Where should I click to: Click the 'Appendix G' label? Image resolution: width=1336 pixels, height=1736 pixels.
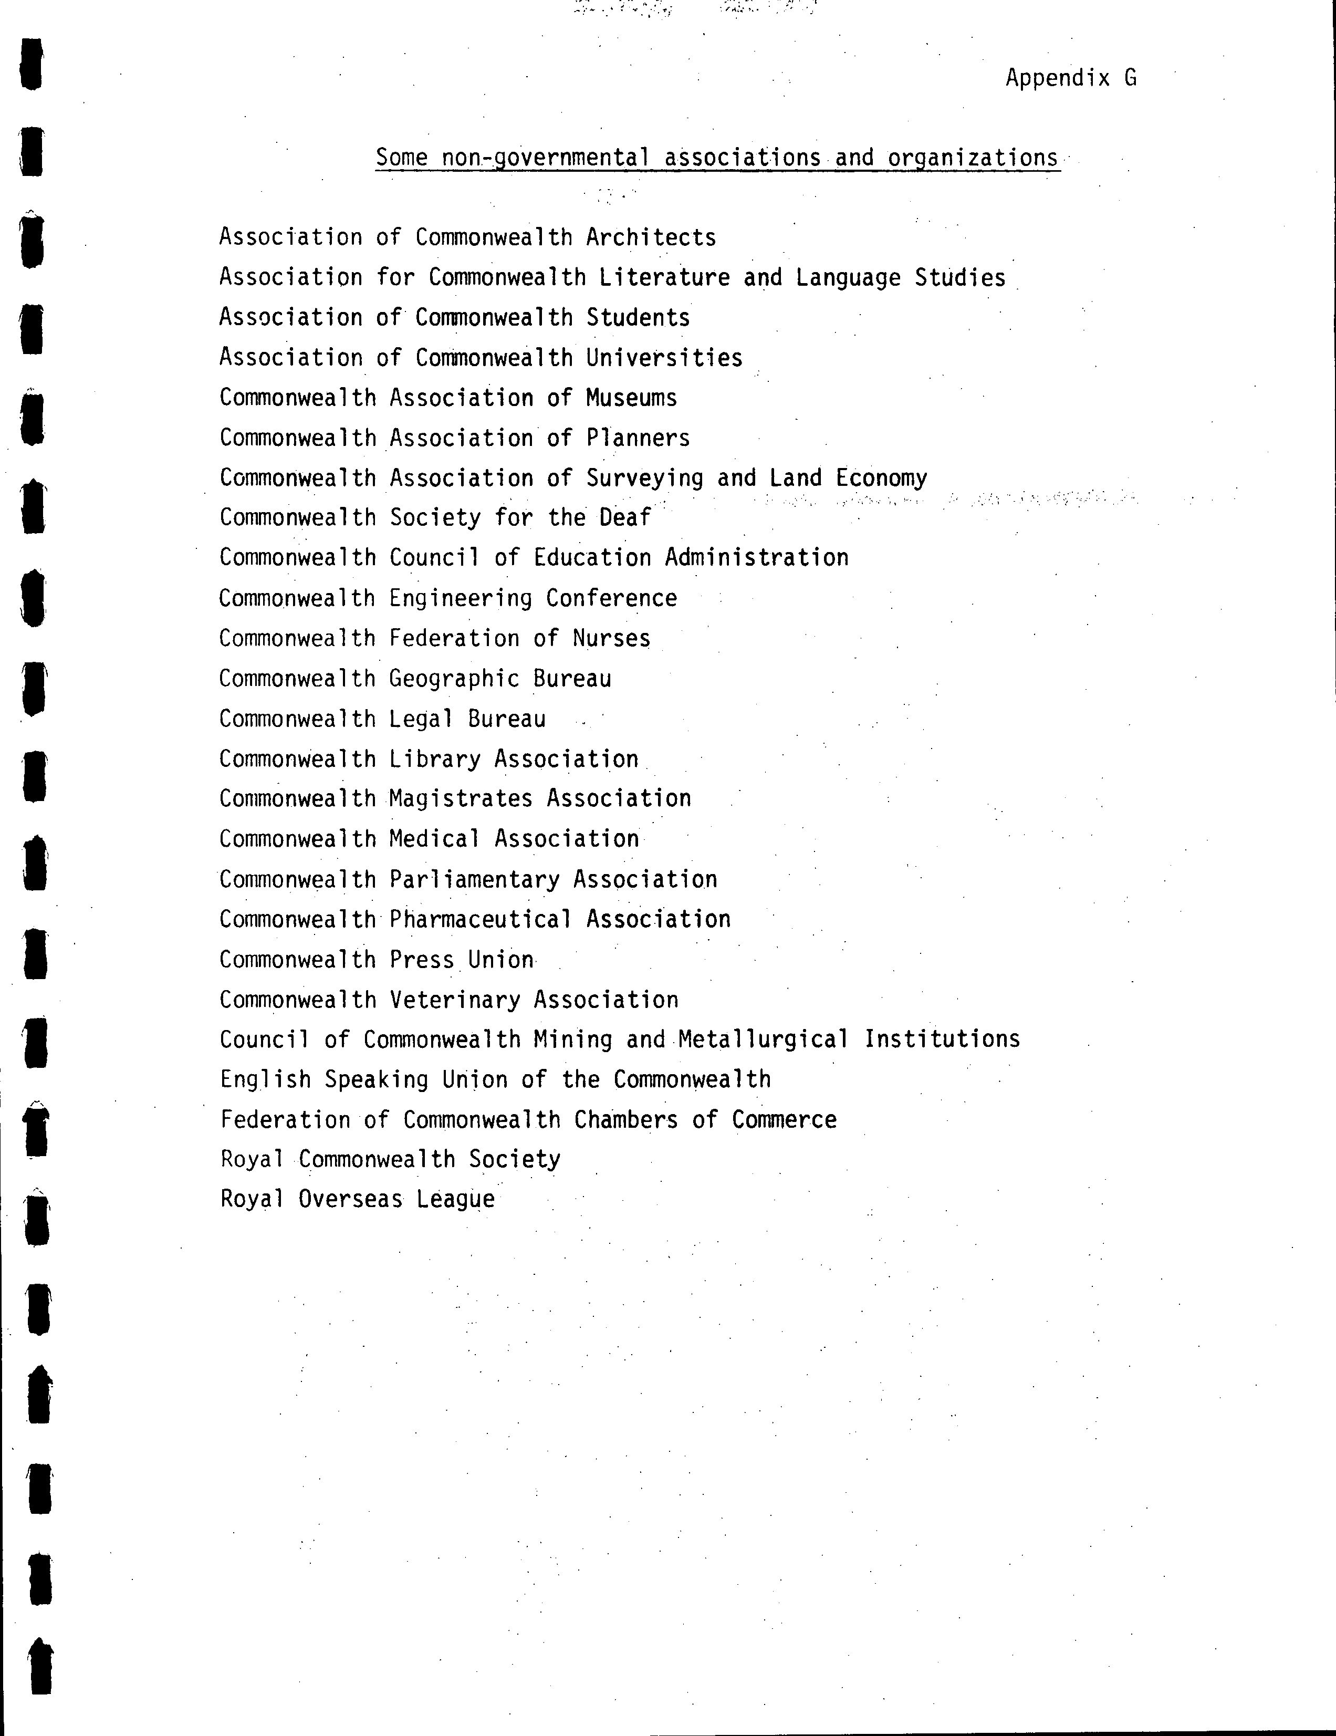[1071, 78]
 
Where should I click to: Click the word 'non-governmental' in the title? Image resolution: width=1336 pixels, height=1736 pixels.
[545, 158]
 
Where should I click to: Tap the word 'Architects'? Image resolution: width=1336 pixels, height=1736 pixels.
[651, 237]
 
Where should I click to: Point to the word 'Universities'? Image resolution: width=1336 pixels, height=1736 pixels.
[664, 358]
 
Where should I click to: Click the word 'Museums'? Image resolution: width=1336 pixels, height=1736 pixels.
[631, 398]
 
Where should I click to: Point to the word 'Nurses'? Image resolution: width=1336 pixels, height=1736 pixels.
[611, 638]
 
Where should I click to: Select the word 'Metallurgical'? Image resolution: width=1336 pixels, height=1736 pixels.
[763, 1039]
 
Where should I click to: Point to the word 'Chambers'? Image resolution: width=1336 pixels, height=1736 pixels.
[625, 1120]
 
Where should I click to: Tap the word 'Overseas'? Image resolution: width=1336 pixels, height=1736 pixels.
[350, 1200]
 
